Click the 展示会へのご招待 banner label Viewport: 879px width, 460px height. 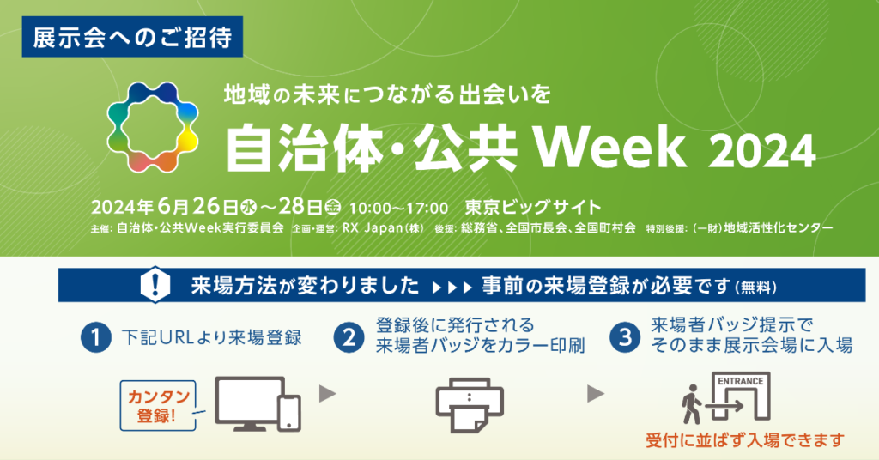click(x=132, y=37)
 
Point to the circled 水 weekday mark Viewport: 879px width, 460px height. click(x=248, y=208)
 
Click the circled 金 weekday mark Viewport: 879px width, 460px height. click(x=333, y=208)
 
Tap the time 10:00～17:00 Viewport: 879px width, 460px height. click(x=398, y=209)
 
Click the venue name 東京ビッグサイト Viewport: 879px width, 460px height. click(x=533, y=208)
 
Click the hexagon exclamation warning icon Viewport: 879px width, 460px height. click(x=155, y=285)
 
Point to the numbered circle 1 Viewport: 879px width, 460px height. click(x=96, y=338)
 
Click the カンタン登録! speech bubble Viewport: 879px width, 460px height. click(x=159, y=406)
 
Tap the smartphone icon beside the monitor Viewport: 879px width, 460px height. click(x=289, y=414)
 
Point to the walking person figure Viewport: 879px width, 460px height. click(x=691, y=404)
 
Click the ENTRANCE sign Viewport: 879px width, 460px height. click(x=741, y=381)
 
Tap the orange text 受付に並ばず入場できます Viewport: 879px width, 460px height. click(x=745, y=440)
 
